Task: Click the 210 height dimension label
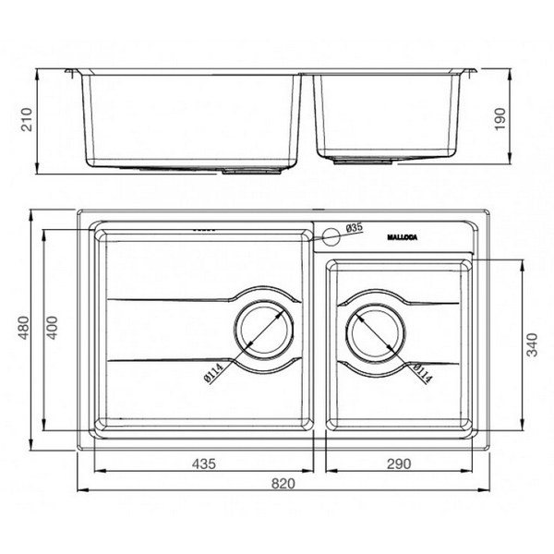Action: pos(28,120)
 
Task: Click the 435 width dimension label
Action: pos(203,463)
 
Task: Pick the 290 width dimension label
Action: pos(398,463)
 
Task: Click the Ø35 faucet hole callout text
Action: pos(355,227)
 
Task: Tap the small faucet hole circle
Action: pos(330,236)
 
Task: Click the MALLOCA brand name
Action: pos(400,238)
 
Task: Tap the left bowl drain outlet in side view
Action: pos(244,171)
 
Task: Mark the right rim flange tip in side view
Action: pos(475,71)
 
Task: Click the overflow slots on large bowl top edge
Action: pos(202,227)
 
